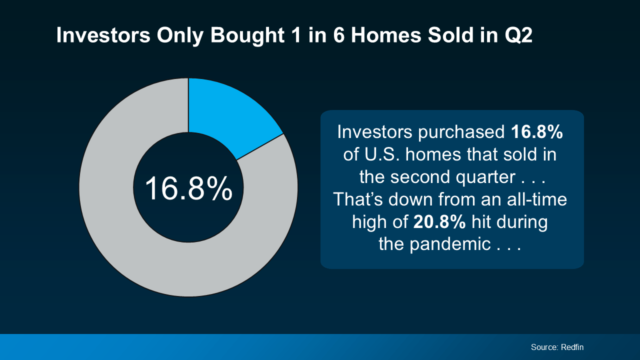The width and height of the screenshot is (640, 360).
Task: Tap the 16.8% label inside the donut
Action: coord(188,188)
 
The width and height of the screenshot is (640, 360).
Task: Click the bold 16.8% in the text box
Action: coord(537,132)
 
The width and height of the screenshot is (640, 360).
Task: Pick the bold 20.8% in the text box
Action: coord(439,222)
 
